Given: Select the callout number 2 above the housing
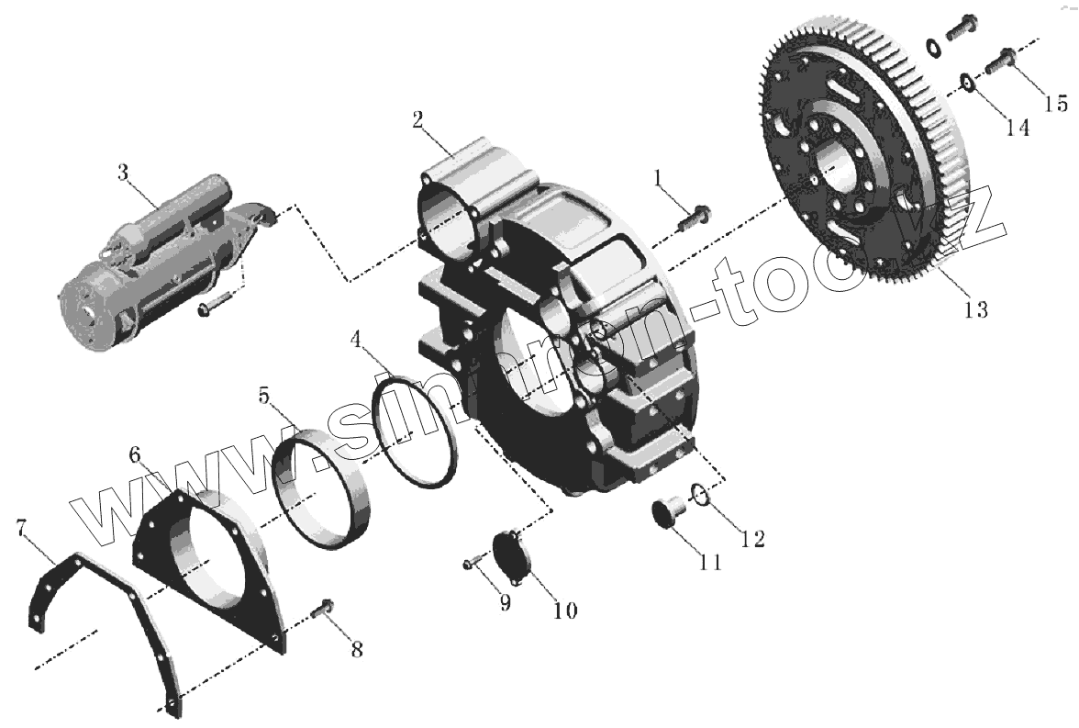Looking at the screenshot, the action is coord(417,120).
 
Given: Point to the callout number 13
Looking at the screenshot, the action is coord(975,309).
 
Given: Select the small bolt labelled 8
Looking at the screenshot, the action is coord(325,610).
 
